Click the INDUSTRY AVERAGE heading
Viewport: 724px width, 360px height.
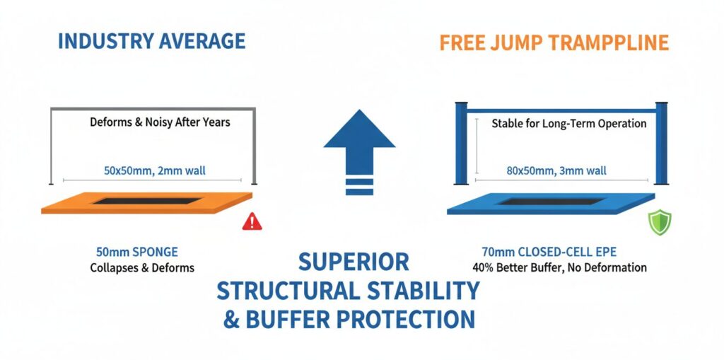151,41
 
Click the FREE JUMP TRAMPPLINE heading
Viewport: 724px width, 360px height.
554,42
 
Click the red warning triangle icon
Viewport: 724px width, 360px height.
252,221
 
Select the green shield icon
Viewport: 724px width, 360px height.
660,223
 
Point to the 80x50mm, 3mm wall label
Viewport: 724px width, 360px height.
556,170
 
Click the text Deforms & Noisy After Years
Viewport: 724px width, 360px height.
160,122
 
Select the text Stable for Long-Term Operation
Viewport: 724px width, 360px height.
568,124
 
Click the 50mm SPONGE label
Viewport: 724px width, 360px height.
136,252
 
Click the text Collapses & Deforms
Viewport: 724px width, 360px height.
142,268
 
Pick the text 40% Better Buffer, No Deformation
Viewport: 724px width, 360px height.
559,268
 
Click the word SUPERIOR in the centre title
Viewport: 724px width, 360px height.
353,262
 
